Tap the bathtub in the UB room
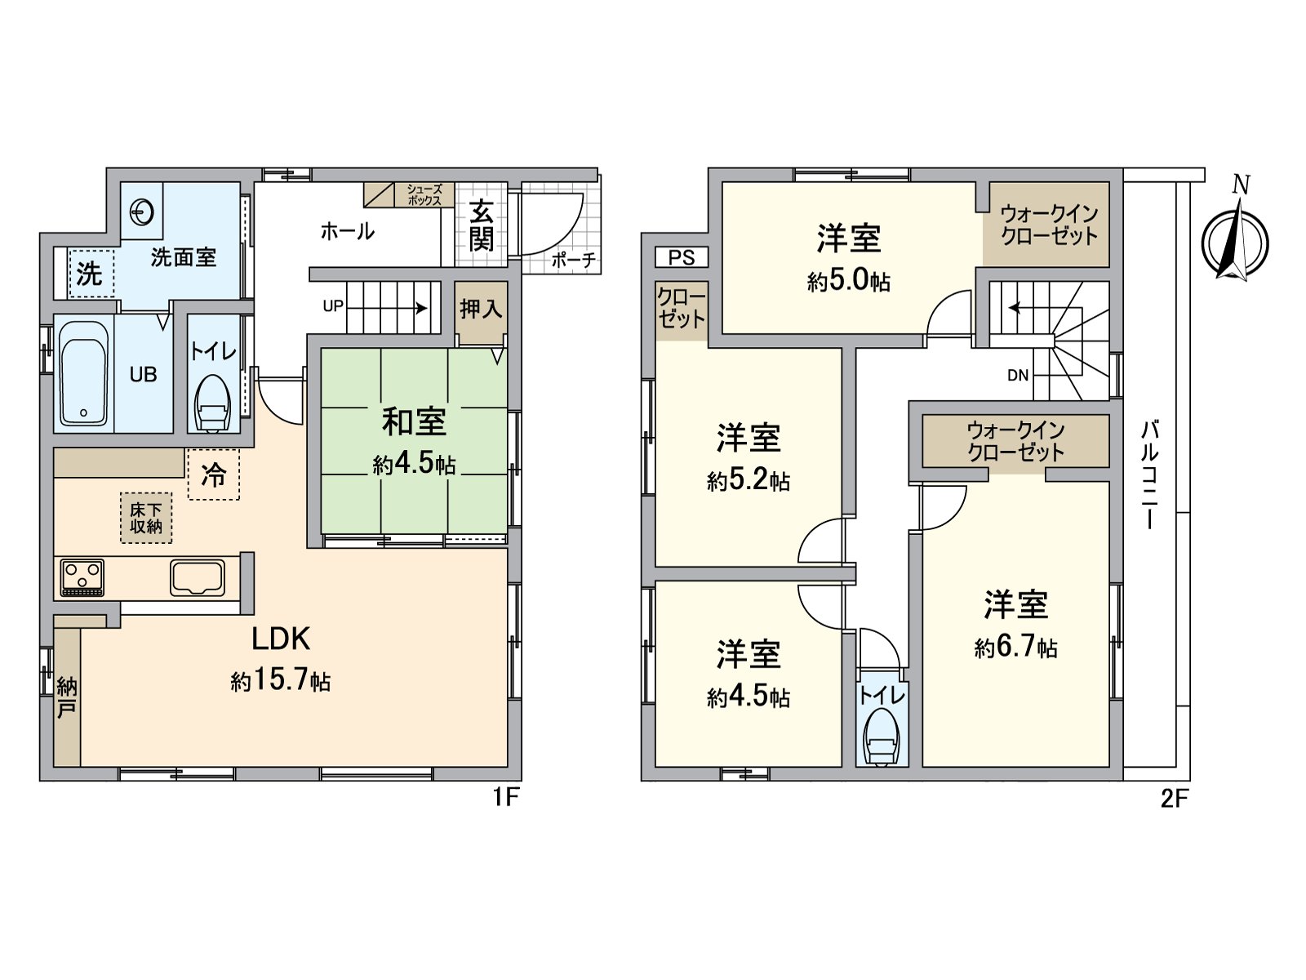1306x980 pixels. [x=83, y=373]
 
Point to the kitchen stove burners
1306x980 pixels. [x=82, y=577]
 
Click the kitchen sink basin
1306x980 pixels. [x=197, y=577]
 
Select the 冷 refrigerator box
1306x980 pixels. [x=214, y=474]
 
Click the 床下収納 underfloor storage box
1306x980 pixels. [x=146, y=518]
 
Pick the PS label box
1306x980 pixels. [x=682, y=258]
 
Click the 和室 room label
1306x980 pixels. [x=414, y=423]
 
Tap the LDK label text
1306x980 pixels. [x=280, y=639]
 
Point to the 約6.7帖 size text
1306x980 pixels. [x=1015, y=648]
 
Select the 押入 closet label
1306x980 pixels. [x=481, y=310]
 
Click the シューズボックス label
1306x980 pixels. [x=424, y=195]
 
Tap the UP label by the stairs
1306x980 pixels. [x=333, y=306]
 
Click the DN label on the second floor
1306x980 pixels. [x=1018, y=376]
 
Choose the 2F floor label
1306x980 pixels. [x=1174, y=798]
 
